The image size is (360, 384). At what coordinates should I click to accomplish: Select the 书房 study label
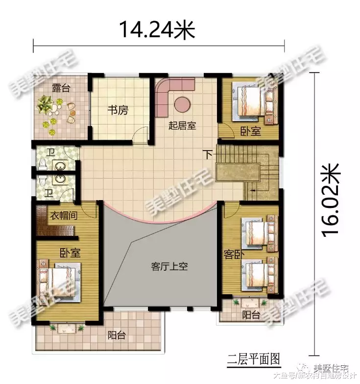(118, 110)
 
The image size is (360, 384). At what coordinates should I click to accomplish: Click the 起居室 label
(182, 126)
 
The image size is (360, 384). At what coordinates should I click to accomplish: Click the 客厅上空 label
(169, 267)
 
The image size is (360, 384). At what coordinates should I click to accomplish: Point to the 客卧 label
(232, 255)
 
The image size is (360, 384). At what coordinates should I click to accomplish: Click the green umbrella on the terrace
(47, 104)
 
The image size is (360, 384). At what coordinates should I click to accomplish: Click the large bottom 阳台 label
(116, 335)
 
